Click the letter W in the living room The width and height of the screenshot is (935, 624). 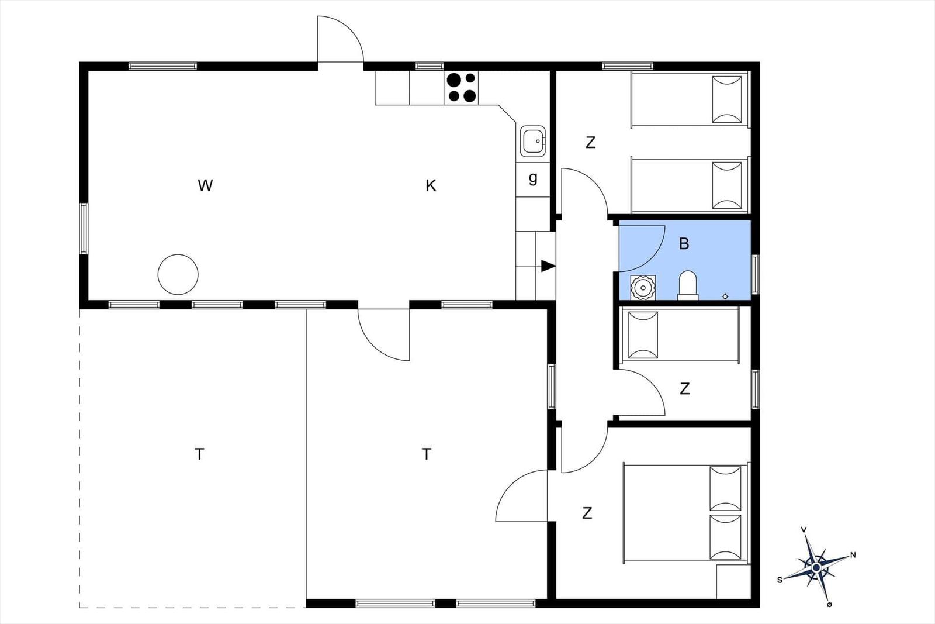205,185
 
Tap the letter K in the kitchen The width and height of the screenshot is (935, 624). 431,185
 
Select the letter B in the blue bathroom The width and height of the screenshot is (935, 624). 684,243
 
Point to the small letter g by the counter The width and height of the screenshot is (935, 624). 533,178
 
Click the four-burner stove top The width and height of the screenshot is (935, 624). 461,88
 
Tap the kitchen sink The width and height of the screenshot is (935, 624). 533,141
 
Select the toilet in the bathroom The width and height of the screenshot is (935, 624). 688,285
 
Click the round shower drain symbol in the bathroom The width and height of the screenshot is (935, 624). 643,287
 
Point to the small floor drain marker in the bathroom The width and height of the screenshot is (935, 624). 725,297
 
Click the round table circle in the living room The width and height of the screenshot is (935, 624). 178,274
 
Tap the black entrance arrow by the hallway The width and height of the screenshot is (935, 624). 548,266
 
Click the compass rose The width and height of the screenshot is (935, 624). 816,567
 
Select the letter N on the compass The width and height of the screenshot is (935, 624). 853,555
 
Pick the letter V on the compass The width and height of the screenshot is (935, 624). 804,530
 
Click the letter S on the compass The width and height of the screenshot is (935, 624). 780,580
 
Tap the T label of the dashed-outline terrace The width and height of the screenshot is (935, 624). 199,454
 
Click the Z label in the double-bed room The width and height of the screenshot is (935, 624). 587,513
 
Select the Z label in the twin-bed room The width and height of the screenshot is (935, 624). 590,143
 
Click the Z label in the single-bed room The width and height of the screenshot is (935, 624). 684,389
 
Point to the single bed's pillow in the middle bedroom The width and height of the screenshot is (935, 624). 643,335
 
